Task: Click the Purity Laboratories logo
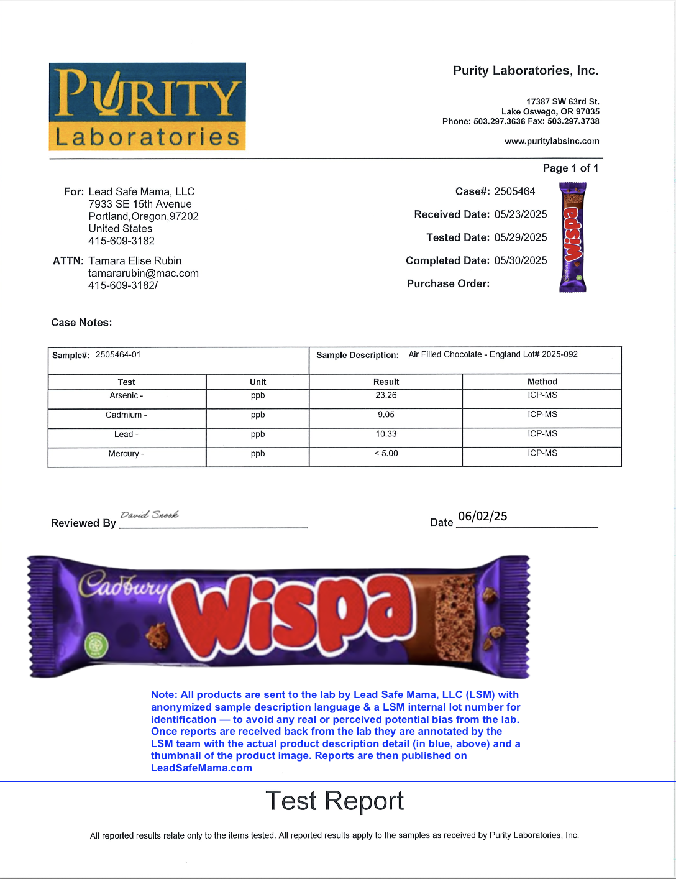click(x=147, y=106)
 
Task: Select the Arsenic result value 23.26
click(x=386, y=395)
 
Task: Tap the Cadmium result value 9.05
click(x=386, y=415)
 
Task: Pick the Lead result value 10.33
click(x=386, y=434)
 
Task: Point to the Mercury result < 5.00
click(x=386, y=454)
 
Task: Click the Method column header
click(x=542, y=382)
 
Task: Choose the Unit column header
click(x=258, y=382)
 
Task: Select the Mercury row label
click(x=126, y=454)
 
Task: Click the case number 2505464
click(x=514, y=191)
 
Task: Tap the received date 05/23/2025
click(x=521, y=214)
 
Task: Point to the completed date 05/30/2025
click(x=521, y=260)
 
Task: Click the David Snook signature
click(x=149, y=515)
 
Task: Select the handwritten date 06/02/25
click(x=482, y=517)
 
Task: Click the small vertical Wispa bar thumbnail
click(x=573, y=237)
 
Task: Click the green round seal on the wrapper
click(x=96, y=645)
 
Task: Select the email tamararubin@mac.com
click(x=144, y=273)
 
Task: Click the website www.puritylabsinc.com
click(x=552, y=141)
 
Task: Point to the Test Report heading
click(x=334, y=801)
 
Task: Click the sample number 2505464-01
click(x=118, y=355)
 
